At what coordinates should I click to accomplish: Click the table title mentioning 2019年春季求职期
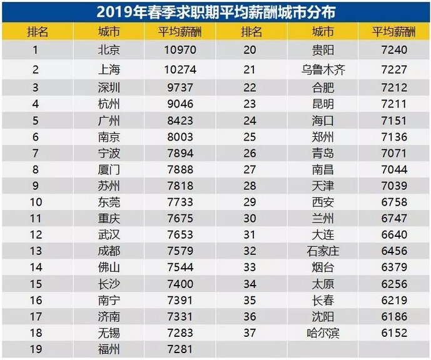pos(216,11)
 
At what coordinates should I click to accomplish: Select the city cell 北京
pos(109,50)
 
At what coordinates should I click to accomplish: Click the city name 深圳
pos(109,87)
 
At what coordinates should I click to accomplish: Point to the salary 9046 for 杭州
pos(180,104)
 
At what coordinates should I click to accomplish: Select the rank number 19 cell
pos(36,349)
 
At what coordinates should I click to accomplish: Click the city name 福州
pos(109,349)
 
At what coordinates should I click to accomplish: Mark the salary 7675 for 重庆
pos(180,219)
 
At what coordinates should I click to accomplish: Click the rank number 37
pos(250,333)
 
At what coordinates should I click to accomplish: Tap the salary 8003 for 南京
pos(180,137)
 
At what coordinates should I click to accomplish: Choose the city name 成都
pos(109,251)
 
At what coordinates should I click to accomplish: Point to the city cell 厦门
pos(109,169)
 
